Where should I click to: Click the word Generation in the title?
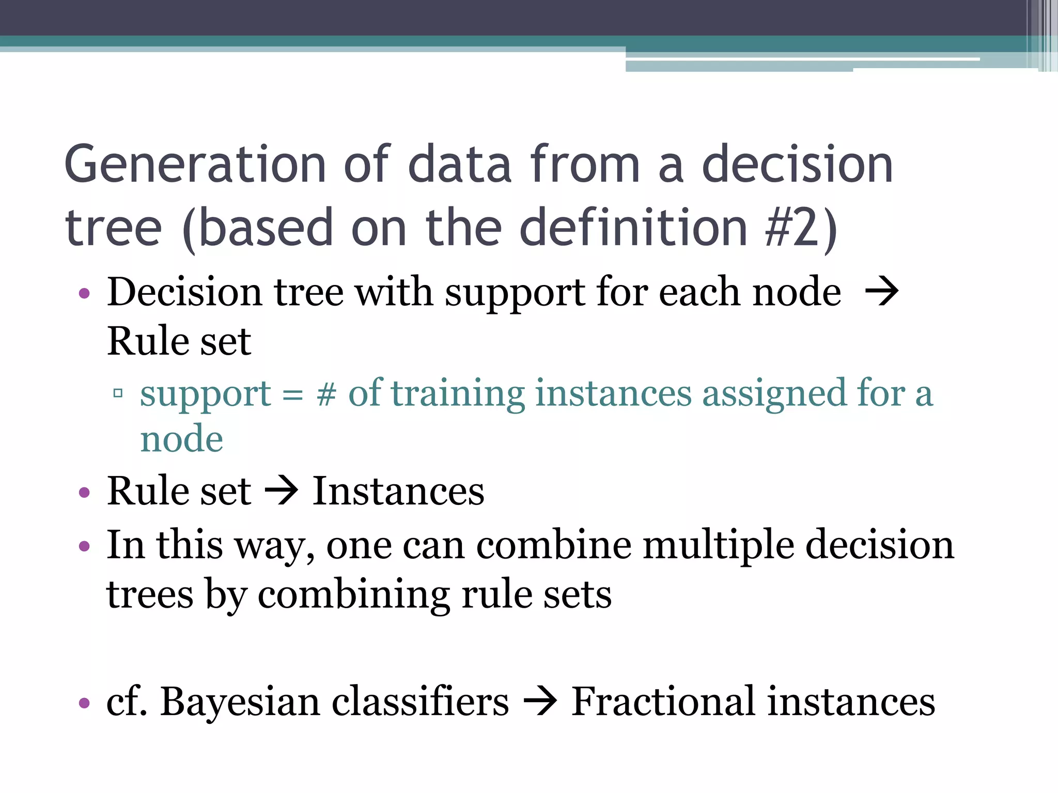[195, 165]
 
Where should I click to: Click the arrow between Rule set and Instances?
[282, 491]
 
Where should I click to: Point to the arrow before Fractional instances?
[540, 702]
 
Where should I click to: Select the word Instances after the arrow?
[398, 491]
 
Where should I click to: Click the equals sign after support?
[292, 395]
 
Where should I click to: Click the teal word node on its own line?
[181, 439]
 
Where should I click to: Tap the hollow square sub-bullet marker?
[118, 393]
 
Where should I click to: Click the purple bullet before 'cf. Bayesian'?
[84, 703]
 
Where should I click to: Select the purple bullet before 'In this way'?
[84, 546]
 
